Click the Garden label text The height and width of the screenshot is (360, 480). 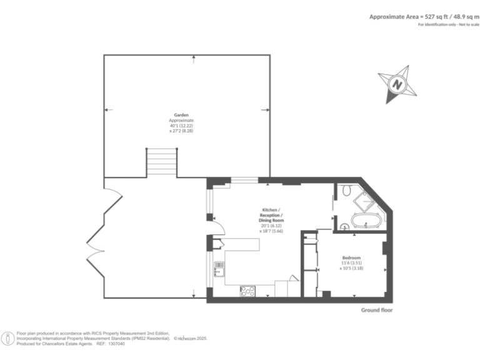click(181, 115)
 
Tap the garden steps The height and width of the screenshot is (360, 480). click(162, 162)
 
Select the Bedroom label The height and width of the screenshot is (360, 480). click(351, 257)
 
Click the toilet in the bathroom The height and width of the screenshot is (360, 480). click(347, 189)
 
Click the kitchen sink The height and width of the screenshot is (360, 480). click(219, 269)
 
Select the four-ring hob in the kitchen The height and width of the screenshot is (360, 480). click(248, 291)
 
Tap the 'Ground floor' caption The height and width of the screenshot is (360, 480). click(377, 310)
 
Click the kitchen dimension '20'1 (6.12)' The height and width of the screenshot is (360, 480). click(271, 226)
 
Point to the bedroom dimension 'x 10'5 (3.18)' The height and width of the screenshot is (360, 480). click(351, 269)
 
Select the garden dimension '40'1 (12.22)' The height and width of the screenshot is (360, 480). click(181, 126)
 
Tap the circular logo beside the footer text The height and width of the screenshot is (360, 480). click(8, 339)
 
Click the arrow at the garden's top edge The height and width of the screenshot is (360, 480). click(193, 58)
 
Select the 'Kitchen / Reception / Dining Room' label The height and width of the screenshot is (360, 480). click(271, 214)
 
